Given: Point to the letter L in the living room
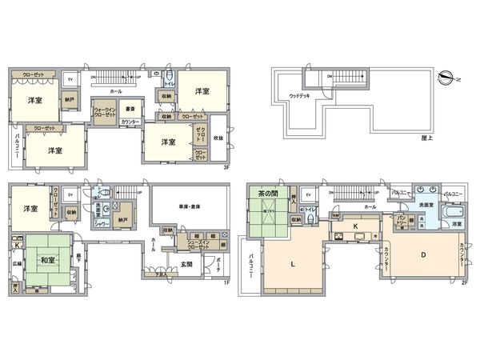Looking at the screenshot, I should [x=293, y=264].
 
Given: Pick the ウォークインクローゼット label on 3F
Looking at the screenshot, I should [x=105, y=113].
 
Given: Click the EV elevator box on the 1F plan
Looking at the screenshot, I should [x=70, y=194].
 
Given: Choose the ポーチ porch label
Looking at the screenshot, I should [x=217, y=269].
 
